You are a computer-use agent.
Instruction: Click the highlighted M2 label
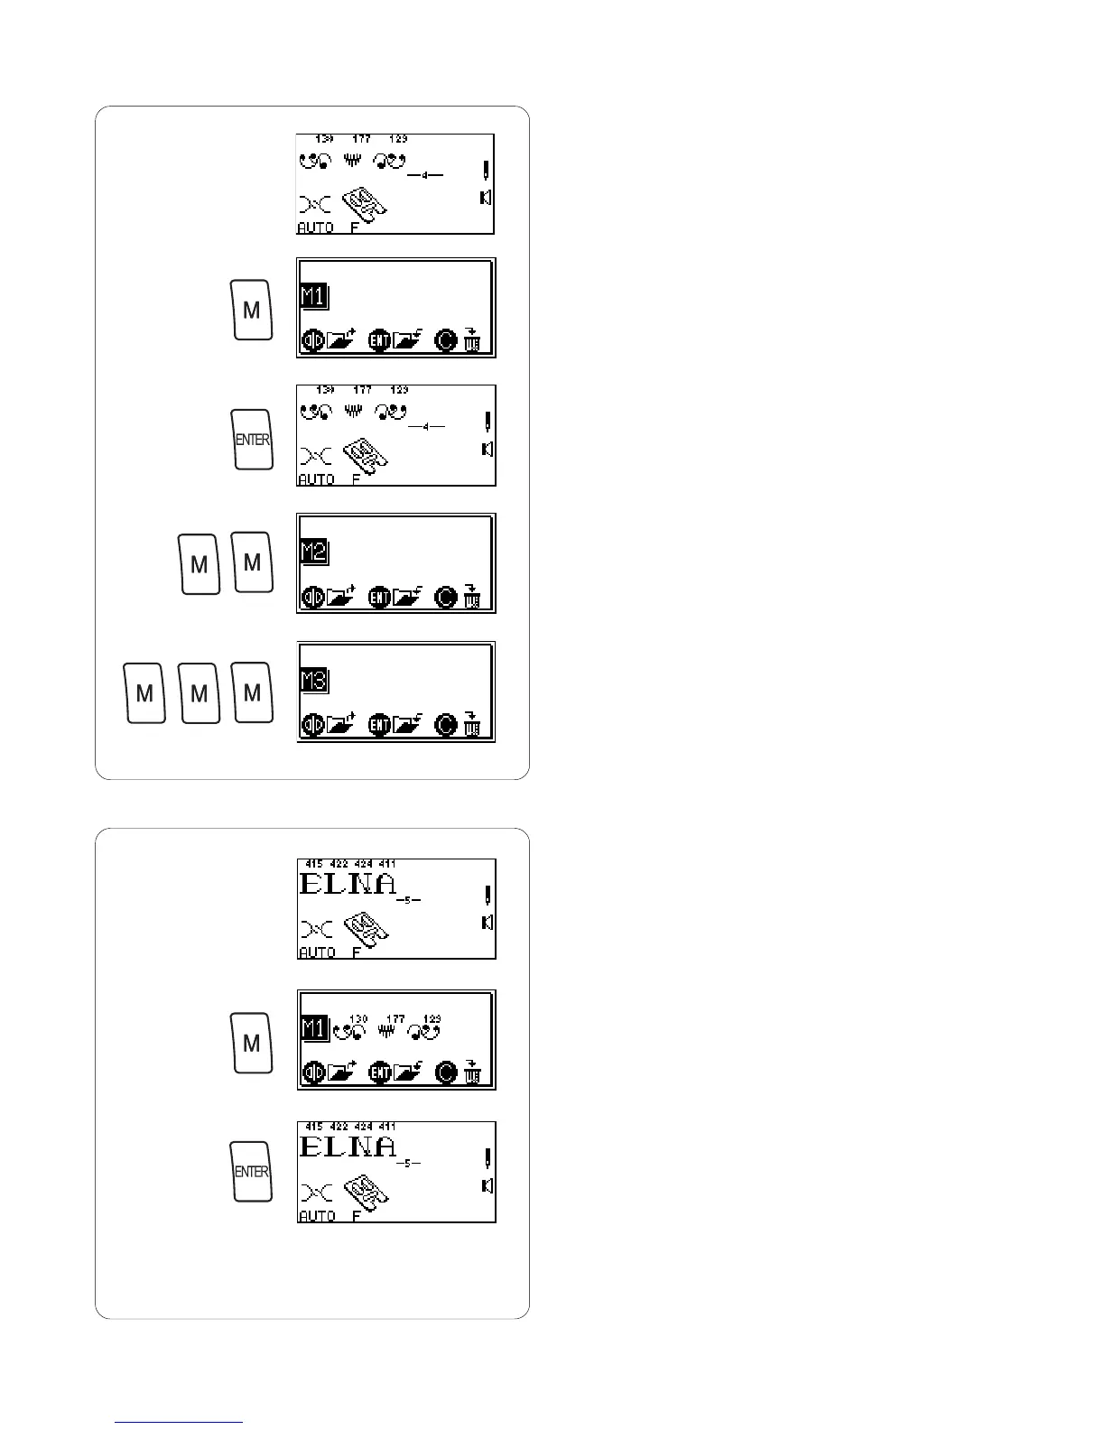(314, 552)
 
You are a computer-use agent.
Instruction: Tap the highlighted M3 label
(314, 681)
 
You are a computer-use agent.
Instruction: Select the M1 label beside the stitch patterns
(314, 1028)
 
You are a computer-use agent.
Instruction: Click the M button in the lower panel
(252, 1043)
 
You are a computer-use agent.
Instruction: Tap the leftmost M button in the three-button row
(144, 693)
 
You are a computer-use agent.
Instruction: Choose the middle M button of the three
(200, 693)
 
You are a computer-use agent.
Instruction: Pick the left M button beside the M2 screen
(200, 564)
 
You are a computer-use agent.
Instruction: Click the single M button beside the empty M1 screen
(252, 310)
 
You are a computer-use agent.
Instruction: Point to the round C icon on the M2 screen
(445, 597)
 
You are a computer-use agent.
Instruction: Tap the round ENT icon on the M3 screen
(379, 725)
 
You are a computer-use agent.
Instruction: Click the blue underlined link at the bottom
(179, 1422)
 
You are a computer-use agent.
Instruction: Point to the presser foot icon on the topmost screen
(367, 206)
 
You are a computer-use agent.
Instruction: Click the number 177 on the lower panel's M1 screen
(395, 1019)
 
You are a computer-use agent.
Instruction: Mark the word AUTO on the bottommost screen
(316, 1216)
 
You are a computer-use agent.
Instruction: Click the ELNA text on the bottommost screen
(348, 1147)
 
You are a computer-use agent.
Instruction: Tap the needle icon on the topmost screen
(487, 170)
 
